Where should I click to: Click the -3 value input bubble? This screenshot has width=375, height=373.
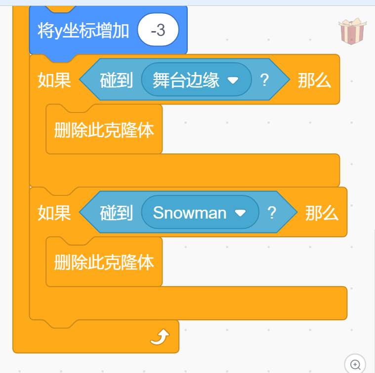point(158,31)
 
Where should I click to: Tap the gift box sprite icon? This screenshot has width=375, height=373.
point(352,33)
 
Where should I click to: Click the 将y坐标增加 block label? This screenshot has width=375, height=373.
point(83,31)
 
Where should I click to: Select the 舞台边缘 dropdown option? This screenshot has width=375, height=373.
point(186,79)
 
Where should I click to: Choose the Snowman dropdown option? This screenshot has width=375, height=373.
point(190,213)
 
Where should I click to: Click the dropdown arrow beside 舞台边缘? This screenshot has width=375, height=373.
point(233,80)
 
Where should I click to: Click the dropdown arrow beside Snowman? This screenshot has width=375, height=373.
point(240,213)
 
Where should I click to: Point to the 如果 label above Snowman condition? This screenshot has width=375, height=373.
point(54,213)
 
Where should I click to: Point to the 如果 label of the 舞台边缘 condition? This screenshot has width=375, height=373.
point(54,79)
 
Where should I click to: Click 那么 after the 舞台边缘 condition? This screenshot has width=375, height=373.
point(314,79)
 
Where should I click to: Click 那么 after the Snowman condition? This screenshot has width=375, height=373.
point(322,213)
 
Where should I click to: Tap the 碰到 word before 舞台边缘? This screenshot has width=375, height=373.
point(117,79)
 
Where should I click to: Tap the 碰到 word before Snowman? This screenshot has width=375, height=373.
point(117,213)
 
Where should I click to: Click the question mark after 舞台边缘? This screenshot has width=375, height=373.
point(264,79)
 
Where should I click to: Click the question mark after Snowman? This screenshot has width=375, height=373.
point(272,213)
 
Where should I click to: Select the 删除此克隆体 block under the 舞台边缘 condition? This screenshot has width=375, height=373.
point(104,129)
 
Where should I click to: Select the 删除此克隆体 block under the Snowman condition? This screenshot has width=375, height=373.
point(104,262)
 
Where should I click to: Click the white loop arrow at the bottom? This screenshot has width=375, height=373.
point(160,337)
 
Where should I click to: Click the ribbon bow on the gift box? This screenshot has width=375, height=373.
point(352,23)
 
